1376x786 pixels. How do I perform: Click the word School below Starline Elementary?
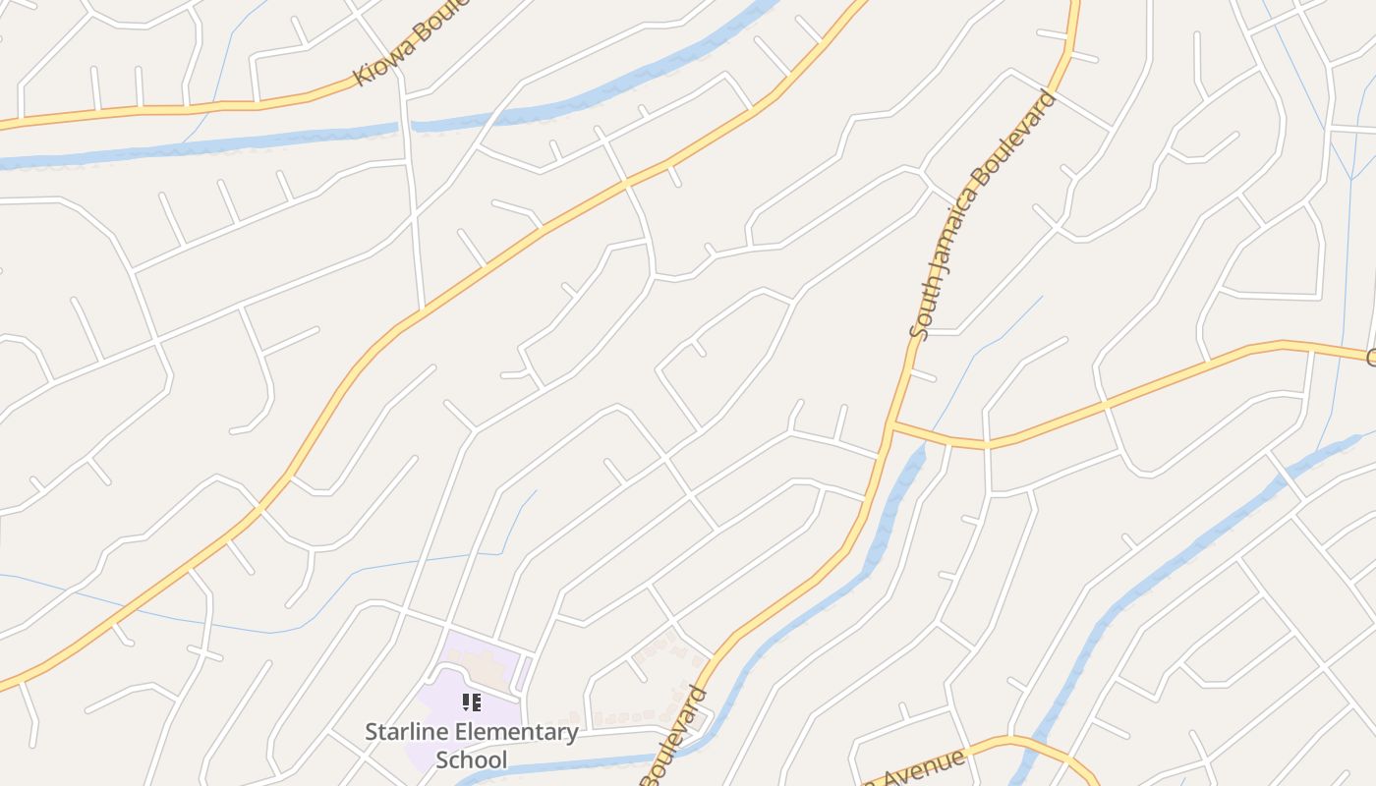click(x=472, y=759)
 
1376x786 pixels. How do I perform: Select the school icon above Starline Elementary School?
click(x=472, y=702)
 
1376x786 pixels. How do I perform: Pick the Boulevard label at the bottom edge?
click(x=676, y=737)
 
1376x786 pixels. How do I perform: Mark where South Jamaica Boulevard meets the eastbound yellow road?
click(x=890, y=424)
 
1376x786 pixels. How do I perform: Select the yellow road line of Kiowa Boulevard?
click(x=197, y=107)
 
